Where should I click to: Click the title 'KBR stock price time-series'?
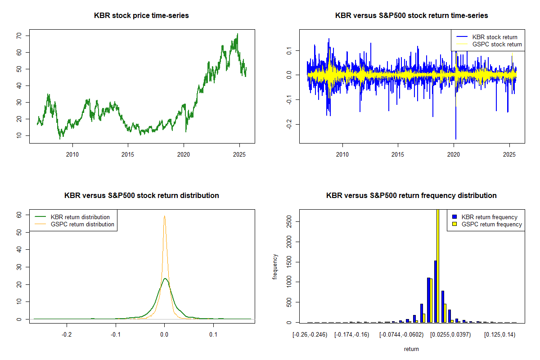pyautogui.click(x=141, y=16)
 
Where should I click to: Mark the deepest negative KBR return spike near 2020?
pyautogui.click(x=455, y=138)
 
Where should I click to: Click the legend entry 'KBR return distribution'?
pyautogui.click(x=80, y=217)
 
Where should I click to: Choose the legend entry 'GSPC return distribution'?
pyautogui.click(x=82, y=224)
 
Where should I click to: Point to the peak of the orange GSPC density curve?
pyautogui.click(x=164, y=216)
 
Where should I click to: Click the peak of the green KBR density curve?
pyautogui.click(x=165, y=279)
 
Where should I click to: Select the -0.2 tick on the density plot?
pyautogui.click(x=67, y=335)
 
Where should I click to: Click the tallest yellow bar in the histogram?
pyautogui.click(x=438, y=265)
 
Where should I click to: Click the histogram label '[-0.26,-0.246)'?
pyautogui.click(x=310, y=335)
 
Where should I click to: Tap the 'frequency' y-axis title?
pyautogui.click(x=275, y=266)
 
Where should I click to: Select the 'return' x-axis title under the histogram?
pyautogui.click(x=411, y=349)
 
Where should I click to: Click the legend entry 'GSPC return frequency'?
pyautogui.click(x=491, y=224)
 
